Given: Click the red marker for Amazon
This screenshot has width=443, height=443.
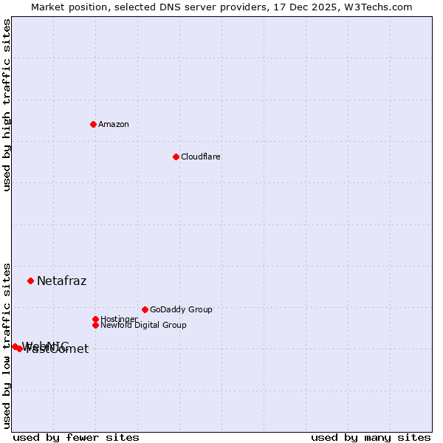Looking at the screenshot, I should point(93,124).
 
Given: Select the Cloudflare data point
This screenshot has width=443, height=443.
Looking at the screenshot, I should point(176,157).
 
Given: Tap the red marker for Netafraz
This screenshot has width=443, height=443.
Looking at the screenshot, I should point(31,281).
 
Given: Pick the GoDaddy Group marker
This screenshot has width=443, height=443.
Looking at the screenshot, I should point(145,309).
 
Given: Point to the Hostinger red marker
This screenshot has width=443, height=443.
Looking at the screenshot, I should point(95,319).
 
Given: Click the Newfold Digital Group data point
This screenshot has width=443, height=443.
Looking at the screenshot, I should point(95,325).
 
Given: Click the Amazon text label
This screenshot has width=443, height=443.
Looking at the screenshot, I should point(114,124).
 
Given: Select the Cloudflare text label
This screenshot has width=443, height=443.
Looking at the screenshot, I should point(201,157).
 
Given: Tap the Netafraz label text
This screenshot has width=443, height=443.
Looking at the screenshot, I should point(62,281).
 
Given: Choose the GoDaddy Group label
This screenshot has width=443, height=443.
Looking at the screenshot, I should point(181,309).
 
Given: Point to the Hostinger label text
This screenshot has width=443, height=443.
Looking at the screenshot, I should point(119,319).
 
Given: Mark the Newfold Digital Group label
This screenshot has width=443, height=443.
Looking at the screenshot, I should point(143,325).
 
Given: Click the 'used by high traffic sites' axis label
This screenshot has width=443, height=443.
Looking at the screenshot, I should point(7,105).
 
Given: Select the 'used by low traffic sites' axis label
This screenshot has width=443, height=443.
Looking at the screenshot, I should point(7,345).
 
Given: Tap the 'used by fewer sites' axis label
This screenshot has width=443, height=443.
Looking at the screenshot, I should point(76,437).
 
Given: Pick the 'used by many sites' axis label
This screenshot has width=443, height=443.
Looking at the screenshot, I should point(371,437).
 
